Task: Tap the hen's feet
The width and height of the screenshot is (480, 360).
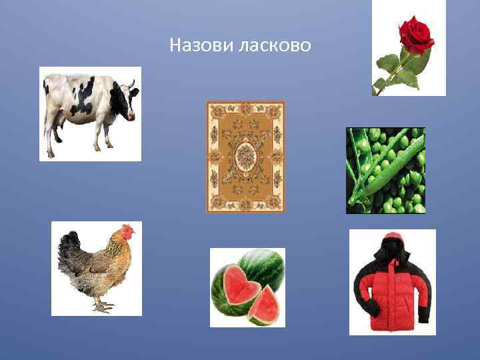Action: (x=103, y=306)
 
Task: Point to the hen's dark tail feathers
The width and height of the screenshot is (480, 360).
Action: (x=69, y=250)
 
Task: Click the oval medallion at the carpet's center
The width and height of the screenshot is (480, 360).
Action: (x=245, y=157)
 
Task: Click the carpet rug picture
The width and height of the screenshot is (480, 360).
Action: (x=245, y=157)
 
